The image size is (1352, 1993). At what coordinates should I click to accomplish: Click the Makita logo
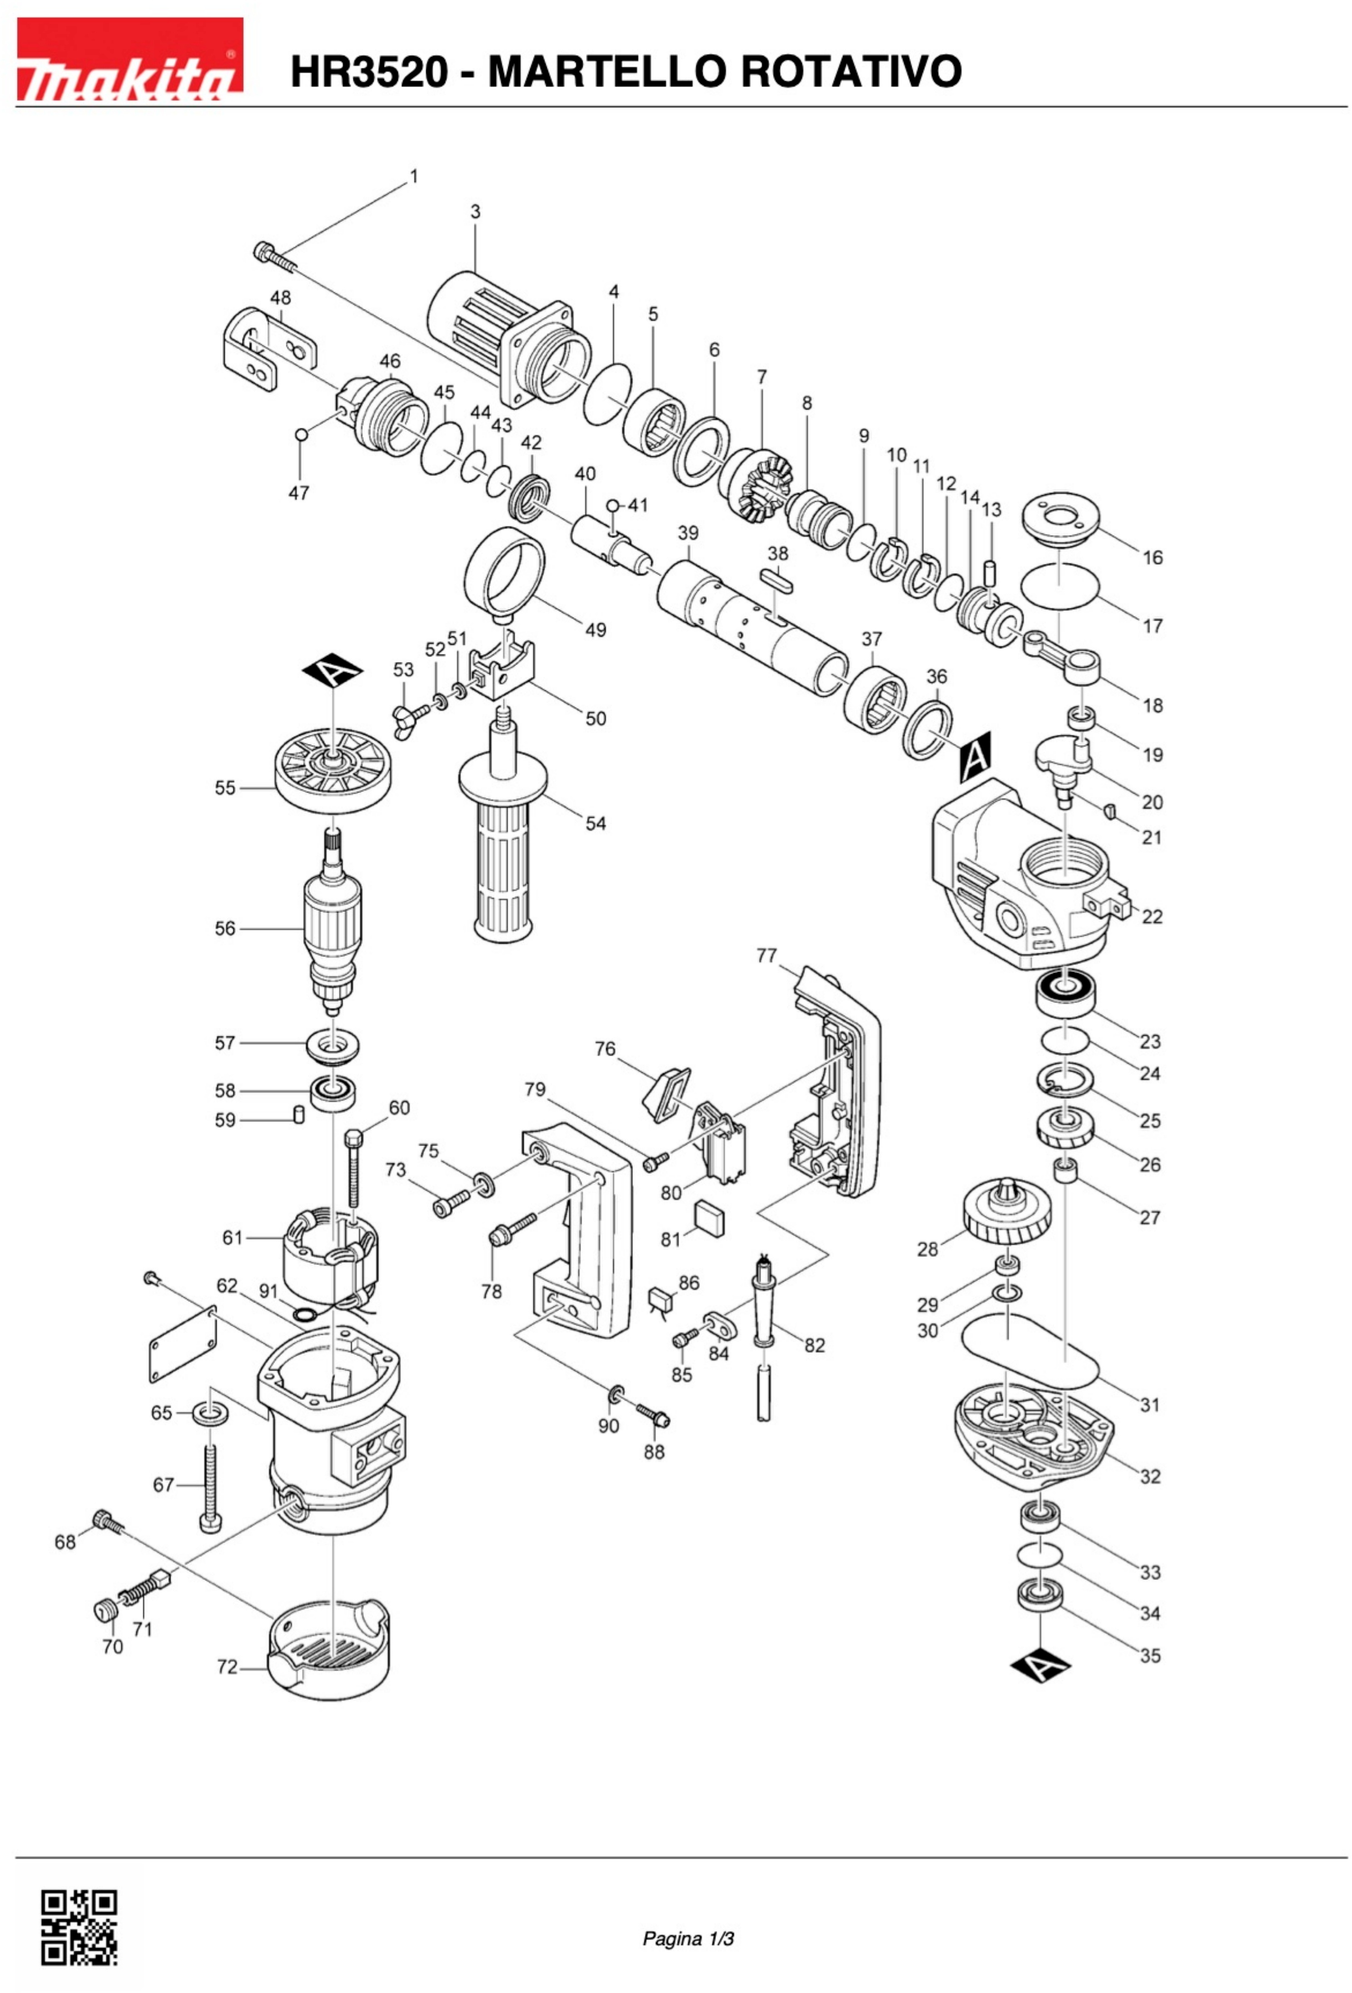pos(129,60)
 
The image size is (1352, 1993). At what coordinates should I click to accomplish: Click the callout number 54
pos(595,823)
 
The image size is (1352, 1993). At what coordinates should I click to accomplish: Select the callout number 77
pos(766,955)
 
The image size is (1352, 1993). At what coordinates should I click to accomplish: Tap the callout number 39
pos(688,533)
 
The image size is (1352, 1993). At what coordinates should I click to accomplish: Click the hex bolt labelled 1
pos(273,255)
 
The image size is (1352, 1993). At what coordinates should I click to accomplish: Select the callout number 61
pos(233,1237)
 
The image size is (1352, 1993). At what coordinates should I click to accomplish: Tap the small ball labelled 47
pos(300,435)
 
